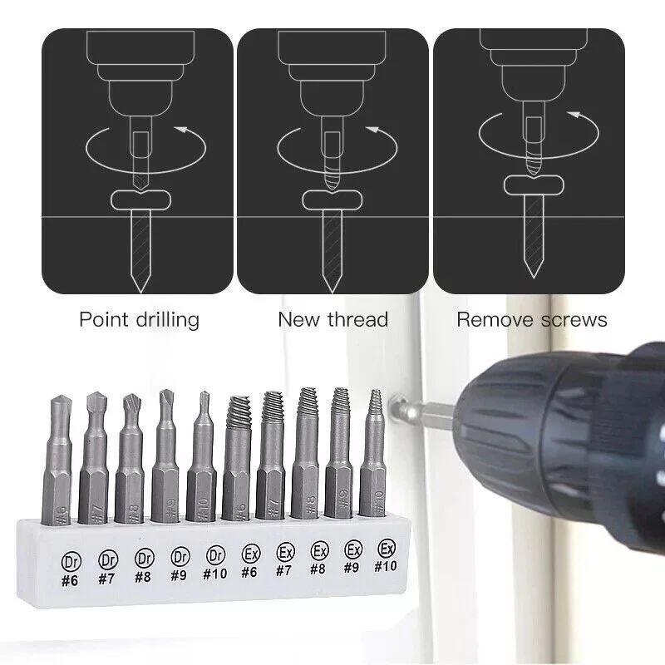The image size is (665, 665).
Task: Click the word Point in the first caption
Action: pyautogui.click(x=102, y=320)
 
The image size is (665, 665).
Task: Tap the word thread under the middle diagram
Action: pyautogui.click(x=357, y=319)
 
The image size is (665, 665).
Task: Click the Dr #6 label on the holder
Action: pyautogui.click(x=71, y=570)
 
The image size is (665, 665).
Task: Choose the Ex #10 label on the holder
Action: pyautogui.click(x=386, y=555)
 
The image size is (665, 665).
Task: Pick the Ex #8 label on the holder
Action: pyautogui.click(x=318, y=558)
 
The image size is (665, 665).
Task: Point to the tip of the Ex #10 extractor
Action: pyautogui.click(x=373, y=391)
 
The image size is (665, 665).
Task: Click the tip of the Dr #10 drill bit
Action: pyautogui.click(x=204, y=392)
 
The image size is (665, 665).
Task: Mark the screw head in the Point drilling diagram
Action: pyautogui.click(x=140, y=200)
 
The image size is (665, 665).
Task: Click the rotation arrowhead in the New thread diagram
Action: pyautogui.click(x=372, y=130)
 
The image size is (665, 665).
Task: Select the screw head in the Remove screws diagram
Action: pyautogui.click(x=534, y=185)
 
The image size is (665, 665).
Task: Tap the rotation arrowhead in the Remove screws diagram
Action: pyautogui.click(x=574, y=115)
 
